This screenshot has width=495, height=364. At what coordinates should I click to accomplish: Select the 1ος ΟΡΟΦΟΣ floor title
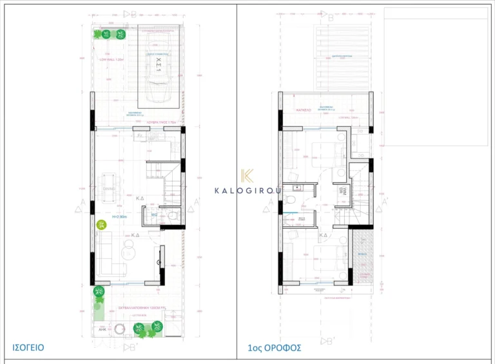pyautogui.click(x=273, y=348)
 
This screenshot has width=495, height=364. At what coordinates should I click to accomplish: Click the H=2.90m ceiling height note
pyautogui.click(x=121, y=217)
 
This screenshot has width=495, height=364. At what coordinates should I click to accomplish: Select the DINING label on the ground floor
pyautogui.click(x=108, y=189)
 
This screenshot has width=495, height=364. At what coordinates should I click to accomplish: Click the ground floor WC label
pyautogui.click(x=155, y=215)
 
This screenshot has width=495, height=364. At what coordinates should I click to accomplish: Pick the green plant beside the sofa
pyautogui.click(x=102, y=225)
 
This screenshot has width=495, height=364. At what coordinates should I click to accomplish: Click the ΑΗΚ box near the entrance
pyautogui.click(x=101, y=329)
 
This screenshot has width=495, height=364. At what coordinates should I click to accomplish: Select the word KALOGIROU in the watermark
pyautogui.click(x=247, y=190)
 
